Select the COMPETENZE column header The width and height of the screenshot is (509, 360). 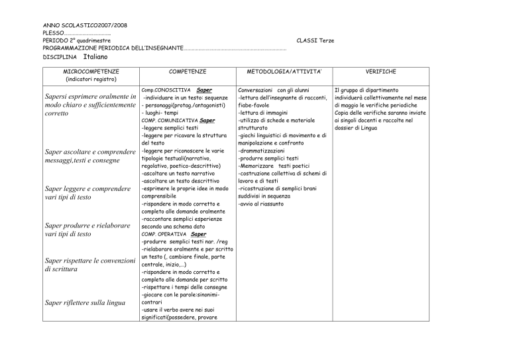(187, 70)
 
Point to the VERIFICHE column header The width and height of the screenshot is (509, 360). (380, 70)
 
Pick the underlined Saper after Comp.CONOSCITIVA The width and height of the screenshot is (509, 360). (204, 90)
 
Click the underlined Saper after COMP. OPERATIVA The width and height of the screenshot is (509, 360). (198, 234)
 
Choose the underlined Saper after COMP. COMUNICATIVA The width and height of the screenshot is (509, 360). (207, 121)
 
